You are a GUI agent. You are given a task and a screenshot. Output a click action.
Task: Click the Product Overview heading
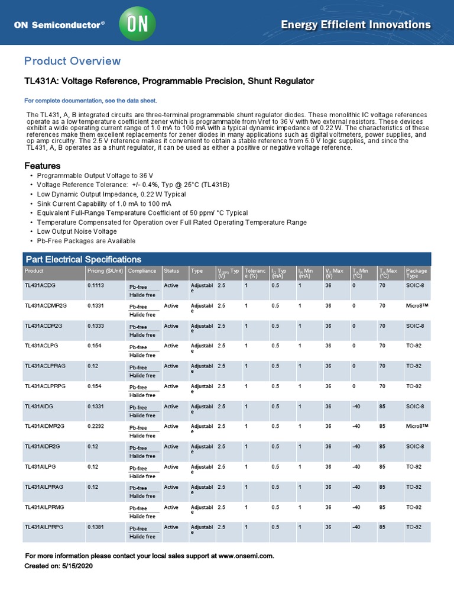pyautogui.click(x=72, y=61)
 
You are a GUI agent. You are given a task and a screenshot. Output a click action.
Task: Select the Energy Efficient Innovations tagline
pyautogui.click(x=355, y=25)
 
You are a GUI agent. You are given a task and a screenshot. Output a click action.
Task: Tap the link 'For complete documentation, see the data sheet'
pyautogui.click(x=90, y=101)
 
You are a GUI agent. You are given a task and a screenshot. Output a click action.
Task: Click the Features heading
pyautogui.click(x=42, y=166)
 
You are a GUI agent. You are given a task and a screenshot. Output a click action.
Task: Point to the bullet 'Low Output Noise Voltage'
pyautogui.click(x=77, y=231)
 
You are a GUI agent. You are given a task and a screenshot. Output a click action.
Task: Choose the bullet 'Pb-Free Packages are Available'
pyautogui.click(x=86, y=241)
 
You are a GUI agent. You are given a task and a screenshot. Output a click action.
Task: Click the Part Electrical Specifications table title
pyautogui.click(x=83, y=259)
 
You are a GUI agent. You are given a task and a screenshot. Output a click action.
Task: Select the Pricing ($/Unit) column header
pyautogui.click(x=105, y=271)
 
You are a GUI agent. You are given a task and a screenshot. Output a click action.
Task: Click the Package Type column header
pyautogui.click(x=416, y=273)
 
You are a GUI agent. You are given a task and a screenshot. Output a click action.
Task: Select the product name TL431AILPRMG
pyautogui.click(x=44, y=507)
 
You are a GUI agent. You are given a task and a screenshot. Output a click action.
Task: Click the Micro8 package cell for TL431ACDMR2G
pyautogui.click(x=417, y=306)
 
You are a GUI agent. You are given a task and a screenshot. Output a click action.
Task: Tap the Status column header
pyautogui.click(x=171, y=271)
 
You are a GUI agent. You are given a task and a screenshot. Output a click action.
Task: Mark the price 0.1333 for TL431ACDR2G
pyautogui.click(x=97, y=326)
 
